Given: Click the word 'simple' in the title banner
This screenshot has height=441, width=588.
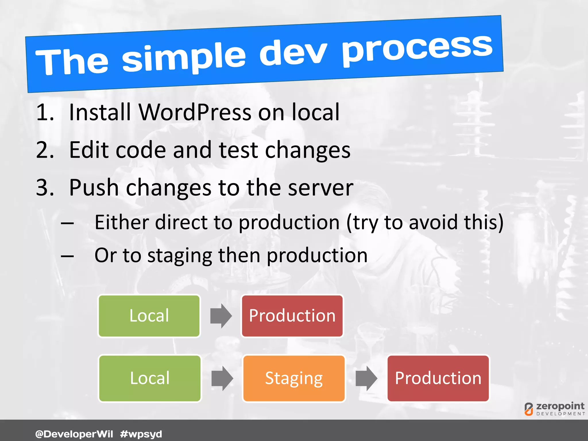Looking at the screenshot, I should (184, 57).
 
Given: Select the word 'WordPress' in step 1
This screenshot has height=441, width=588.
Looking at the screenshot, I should (195, 112).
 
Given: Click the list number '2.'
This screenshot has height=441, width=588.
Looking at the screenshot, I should (45, 150).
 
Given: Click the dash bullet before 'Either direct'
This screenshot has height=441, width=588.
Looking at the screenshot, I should (67, 223).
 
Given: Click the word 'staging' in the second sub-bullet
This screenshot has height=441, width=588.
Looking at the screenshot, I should (179, 256).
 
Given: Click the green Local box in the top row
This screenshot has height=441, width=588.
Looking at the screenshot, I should (149, 316).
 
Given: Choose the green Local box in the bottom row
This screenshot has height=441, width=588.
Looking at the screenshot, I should (150, 378).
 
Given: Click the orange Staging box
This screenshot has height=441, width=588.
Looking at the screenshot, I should (294, 378).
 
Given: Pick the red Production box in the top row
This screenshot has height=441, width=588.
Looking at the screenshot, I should (292, 316).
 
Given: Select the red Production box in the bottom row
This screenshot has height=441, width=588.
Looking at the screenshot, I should (438, 378).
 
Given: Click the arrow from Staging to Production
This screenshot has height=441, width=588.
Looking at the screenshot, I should (366, 378).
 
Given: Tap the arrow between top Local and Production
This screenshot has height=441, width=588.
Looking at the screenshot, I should (221, 316).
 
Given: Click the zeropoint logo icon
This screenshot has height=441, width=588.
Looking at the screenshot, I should (529, 409).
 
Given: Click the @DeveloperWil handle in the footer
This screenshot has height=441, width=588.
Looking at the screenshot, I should (74, 434).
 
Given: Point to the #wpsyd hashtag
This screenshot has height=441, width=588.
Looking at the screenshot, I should (141, 434).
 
